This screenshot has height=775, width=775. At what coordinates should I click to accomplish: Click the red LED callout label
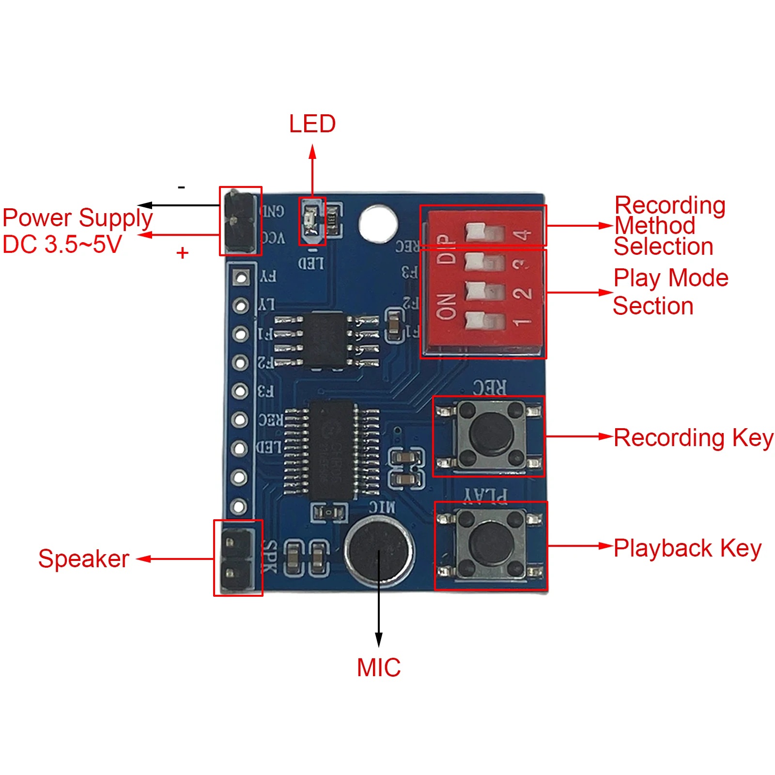click(312, 124)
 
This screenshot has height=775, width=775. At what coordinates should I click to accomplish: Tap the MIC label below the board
click(378, 667)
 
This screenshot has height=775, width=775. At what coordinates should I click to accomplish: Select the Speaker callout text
click(83, 559)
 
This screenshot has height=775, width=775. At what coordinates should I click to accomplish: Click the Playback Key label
click(687, 548)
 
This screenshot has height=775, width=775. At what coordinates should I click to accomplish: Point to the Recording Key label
click(693, 438)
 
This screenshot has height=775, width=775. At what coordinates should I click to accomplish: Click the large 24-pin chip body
click(332, 450)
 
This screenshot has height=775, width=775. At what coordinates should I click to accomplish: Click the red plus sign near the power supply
click(182, 253)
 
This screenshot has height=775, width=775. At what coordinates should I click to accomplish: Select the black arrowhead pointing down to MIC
click(379, 639)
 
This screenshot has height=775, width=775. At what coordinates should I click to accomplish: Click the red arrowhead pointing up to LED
click(312, 151)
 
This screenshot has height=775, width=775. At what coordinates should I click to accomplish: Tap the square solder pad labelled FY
click(241, 277)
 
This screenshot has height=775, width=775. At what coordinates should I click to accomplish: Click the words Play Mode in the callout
click(671, 278)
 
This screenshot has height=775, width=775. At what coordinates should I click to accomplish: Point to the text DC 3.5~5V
click(62, 244)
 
